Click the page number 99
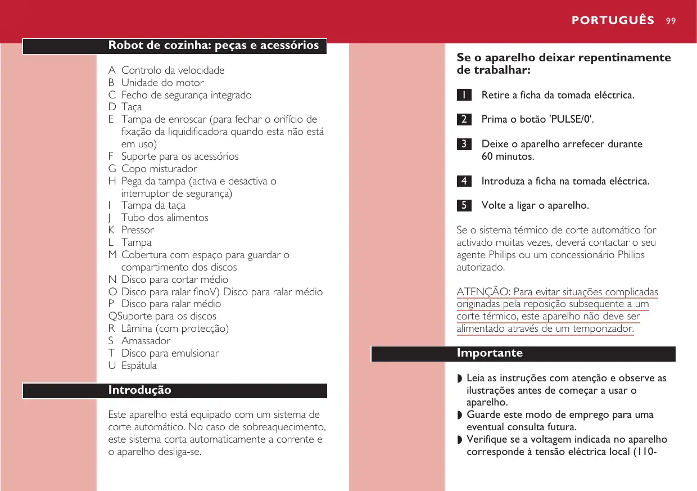pyautogui.click(x=670, y=21)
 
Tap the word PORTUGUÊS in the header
pyautogui.click(x=613, y=21)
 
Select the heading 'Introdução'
pyautogui.click(x=139, y=390)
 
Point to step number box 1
pyautogui.click(x=464, y=95)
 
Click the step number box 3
pyautogui.click(x=464, y=144)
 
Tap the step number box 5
pyautogui.click(x=464, y=205)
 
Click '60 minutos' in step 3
pyautogui.click(x=508, y=156)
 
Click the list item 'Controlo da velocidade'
pyautogui.click(x=173, y=71)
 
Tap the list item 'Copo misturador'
pyautogui.click(x=159, y=169)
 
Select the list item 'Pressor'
pyautogui.click(x=137, y=230)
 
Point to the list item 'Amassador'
pyautogui.click(x=146, y=341)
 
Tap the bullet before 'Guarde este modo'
pyautogui.click(x=459, y=416)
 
